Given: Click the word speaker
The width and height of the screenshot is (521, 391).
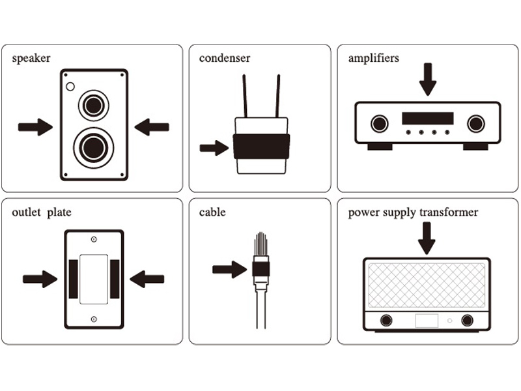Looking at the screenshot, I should (x=31, y=59).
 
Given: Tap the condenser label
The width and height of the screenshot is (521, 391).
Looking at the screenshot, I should (x=225, y=59).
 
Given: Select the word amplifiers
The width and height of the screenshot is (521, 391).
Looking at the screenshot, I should (x=374, y=59).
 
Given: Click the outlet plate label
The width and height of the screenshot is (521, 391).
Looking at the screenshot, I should (x=42, y=212).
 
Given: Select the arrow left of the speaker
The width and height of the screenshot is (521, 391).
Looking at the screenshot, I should (x=35, y=127).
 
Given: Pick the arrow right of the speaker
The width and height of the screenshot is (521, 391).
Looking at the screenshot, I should (x=152, y=127).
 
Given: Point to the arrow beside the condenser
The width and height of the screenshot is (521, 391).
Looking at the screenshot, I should (x=214, y=148).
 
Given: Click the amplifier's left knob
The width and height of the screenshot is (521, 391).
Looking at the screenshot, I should (x=378, y=123).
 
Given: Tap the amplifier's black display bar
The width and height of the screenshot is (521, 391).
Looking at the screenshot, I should (x=427, y=118).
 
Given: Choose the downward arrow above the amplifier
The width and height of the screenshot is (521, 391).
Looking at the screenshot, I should (x=427, y=79).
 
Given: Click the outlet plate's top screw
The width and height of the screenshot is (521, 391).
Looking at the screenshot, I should (x=94, y=239).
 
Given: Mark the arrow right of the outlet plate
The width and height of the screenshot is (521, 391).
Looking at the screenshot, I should (x=147, y=280).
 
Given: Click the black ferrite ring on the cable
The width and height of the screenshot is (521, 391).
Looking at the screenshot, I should (x=260, y=268).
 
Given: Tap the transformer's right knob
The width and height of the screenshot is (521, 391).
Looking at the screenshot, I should (x=467, y=321).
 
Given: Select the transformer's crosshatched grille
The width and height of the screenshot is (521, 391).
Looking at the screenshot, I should (x=427, y=284).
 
